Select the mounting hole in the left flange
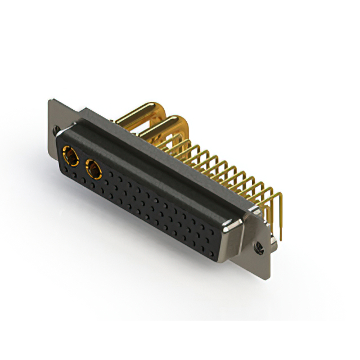[x=56, y=130]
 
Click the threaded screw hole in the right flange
[x=259, y=246]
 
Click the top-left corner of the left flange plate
[x=49, y=101]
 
